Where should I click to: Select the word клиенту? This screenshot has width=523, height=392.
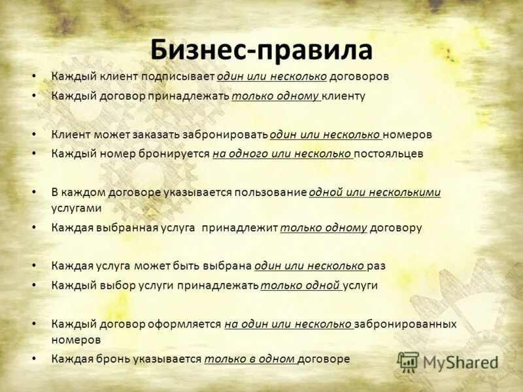click(x=343, y=96)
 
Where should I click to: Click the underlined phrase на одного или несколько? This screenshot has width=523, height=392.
click(x=282, y=154)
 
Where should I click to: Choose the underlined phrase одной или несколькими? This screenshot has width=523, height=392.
click(x=375, y=193)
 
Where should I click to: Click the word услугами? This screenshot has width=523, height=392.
click(x=76, y=208)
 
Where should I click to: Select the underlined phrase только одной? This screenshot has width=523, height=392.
click(x=301, y=286)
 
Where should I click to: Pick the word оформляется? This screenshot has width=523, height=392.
click(x=188, y=324)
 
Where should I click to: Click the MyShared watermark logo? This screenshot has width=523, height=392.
click(x=448, y=362)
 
